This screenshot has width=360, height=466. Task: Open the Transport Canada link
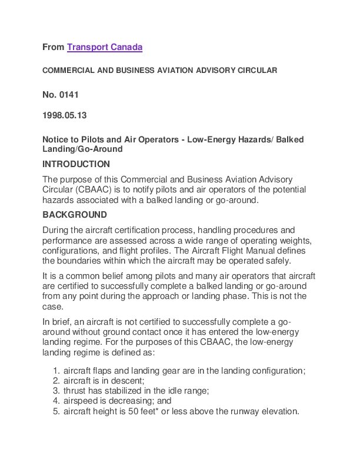[x=105, y=47]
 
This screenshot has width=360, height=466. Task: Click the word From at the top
[x=53, y=47]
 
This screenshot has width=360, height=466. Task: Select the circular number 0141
[x=69, y=94]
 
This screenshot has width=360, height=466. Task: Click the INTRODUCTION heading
[x=76, y=164]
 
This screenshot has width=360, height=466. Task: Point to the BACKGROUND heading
[x=75, y=215]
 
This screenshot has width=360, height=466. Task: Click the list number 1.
[x=56, y=371]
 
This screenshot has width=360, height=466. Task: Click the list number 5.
[x=56, y=411]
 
